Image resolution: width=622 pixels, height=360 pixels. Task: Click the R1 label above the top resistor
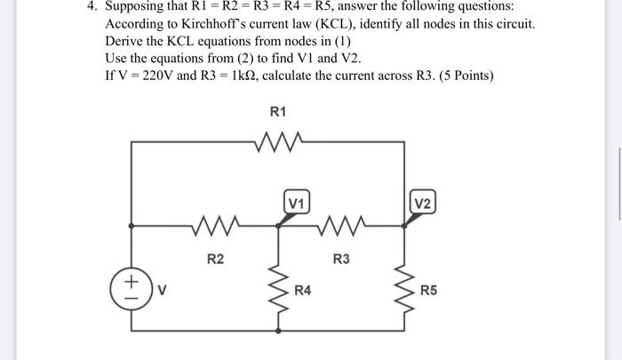point(277,112)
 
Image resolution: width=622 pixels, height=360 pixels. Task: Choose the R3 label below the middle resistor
point(340,260)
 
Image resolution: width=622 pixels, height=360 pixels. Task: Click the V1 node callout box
point(297,203)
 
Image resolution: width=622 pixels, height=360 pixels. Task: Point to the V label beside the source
point(163,289)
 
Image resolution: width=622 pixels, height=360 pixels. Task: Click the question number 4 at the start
point(90,6)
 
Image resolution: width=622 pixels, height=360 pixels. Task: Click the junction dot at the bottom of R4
point(279,331)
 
